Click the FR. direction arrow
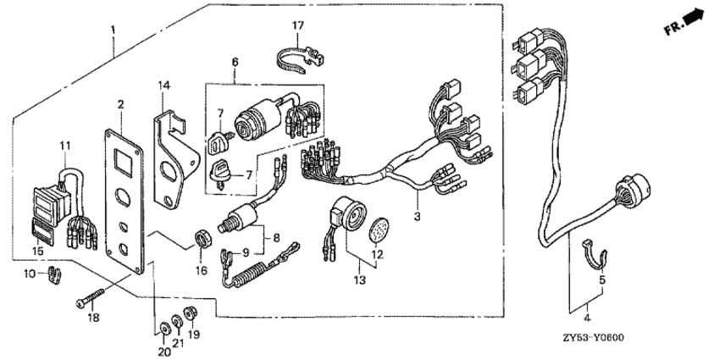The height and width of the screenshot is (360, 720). coord(694,18)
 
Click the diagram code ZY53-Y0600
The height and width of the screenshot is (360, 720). coord(593,338)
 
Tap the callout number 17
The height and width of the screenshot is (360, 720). coord(298,25)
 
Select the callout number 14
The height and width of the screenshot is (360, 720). coord(164,85)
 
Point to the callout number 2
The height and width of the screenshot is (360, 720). coord(120,104)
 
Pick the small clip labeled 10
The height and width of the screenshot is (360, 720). coord(55,274)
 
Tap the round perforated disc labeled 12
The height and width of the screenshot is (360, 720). coord(379,230)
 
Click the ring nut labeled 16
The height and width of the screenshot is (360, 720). coord(202,239)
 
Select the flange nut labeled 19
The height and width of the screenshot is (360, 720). coord(190,313)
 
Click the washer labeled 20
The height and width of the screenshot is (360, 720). coord(163,329)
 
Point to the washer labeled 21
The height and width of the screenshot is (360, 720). coord(176,320)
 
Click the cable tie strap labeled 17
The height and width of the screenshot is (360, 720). coord(299,58)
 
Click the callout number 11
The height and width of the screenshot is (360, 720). coord(65,146)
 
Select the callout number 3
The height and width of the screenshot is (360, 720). coord(417,216)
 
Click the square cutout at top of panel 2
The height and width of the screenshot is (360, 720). coord(124,162)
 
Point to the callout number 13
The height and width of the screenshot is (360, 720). coord(360,280)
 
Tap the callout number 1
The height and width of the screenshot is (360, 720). coord(113,30)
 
